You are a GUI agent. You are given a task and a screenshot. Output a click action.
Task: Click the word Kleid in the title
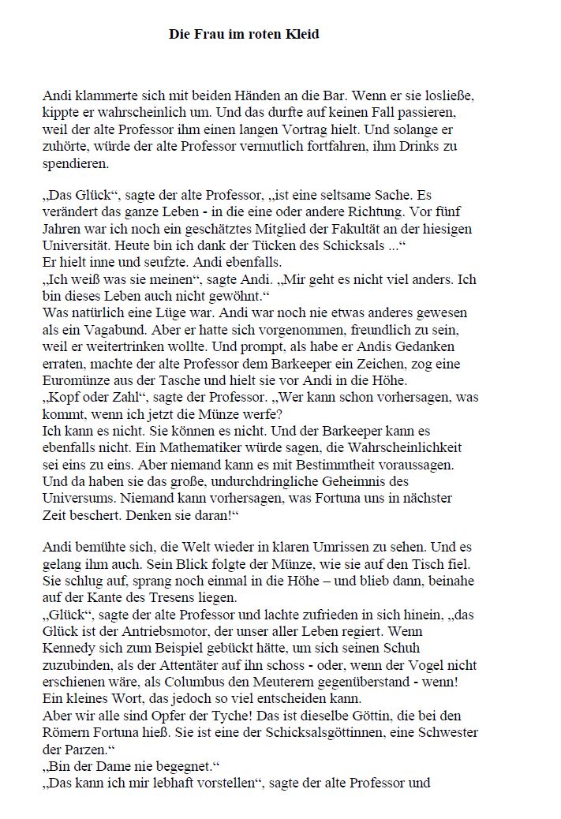click(x=303, y=35)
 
